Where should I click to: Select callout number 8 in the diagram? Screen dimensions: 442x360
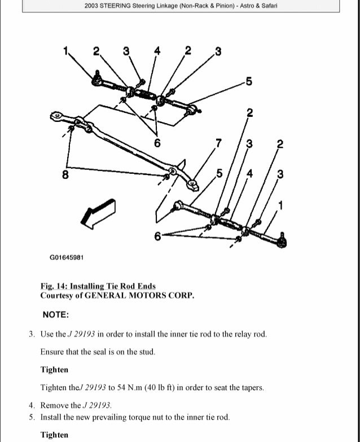pyautogui.click(x=66, y=174)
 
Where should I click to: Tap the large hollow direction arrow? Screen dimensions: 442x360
pyautogui.click(x=97, y=214)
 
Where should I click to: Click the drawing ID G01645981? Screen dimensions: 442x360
pyautogui.click(x=67, y=257)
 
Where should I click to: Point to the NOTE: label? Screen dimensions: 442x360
pyautogui.click(x=55, y=314)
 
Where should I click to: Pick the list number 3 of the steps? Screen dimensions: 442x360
pyautogui.click(x=32, y=334)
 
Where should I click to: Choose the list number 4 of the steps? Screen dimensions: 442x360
pyautogui.click(x=32, y=405)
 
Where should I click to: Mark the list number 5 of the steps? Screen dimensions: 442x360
pyautogui.click(x=32, y=417)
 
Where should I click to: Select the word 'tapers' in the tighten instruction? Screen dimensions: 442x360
pyautogui.click(x=251, y=388)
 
